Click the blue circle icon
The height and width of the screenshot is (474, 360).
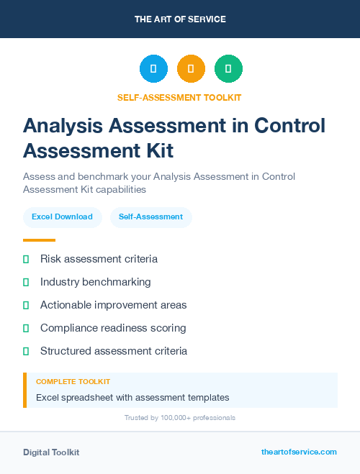point(153,68)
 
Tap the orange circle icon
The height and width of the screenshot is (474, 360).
point(191,68)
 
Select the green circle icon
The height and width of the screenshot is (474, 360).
point(228,68)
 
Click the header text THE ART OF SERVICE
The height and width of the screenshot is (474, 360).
point(180,19)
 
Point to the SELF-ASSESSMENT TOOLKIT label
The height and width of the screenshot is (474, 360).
point(180,97)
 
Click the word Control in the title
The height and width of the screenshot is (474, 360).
point(289,126)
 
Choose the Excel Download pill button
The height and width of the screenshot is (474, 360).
point(62,217)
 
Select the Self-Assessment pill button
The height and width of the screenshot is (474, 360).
point(150,217)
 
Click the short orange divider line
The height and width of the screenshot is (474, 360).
point(39,240)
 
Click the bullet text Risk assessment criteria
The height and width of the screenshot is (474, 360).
point(99,259)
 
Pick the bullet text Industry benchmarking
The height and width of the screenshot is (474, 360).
point(96,282)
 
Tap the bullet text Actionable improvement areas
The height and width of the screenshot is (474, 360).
point(113,305)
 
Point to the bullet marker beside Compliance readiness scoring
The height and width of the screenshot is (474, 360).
point(26,328)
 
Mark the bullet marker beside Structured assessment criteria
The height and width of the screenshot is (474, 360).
point(26,351)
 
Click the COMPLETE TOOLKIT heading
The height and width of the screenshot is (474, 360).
point(73,381)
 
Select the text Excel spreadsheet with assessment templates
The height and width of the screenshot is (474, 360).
point(132,397)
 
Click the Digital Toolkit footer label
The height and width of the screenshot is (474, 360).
point(51,452)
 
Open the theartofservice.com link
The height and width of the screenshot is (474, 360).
point(299,452)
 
